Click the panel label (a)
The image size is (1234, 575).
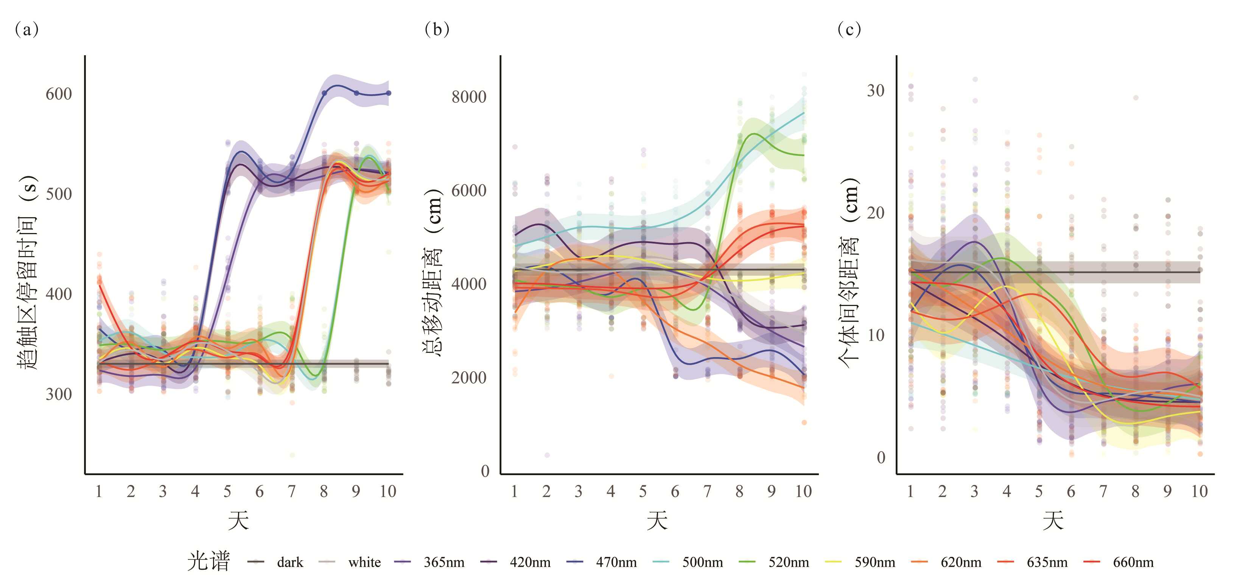(27, 30)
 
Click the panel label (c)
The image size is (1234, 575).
(849, 30)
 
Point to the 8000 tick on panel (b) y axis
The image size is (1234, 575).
(468, 97)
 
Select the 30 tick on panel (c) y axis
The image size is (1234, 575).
(875, 90)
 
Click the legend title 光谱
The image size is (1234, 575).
(209, 561)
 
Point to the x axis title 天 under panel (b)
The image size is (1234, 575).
(657, 521)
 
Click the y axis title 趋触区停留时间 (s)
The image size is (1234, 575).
(27, 273)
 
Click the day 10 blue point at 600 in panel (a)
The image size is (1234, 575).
(389, 93)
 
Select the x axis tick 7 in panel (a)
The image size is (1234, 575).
(291, 492)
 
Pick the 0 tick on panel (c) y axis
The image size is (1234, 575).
(881, 458)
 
